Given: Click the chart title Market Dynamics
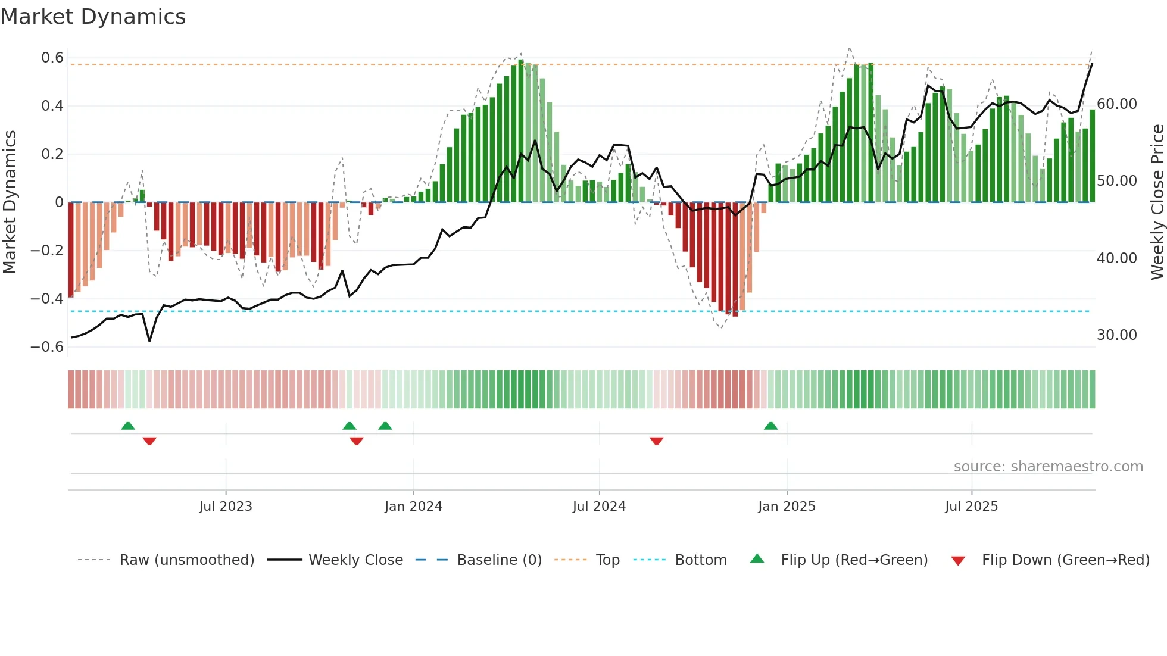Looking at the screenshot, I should (x=93, y=17).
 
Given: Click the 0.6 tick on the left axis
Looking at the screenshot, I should (x=52, y=58).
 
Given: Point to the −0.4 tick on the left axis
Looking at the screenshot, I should (x=48, y=299).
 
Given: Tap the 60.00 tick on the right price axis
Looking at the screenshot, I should (x=1116, y=104).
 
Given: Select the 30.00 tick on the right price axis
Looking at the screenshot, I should (x=1116, y=335).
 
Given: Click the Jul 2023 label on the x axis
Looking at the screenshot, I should (x=226, y=507).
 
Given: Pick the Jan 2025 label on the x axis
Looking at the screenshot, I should (x=787, y=507).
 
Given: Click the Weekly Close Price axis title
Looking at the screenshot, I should (x=1157, y=202).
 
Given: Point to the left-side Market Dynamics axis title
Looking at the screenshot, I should (x=10, y=202).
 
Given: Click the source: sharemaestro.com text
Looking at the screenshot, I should (x=1048, y=467).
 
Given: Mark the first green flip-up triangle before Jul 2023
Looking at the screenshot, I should (x=128, y=426).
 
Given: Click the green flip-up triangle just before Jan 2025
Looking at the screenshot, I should (x=770, y=426).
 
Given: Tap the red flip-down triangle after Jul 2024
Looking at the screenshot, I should (x=656, y=441).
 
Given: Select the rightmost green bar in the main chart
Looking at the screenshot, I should (x=1092, y=156).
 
